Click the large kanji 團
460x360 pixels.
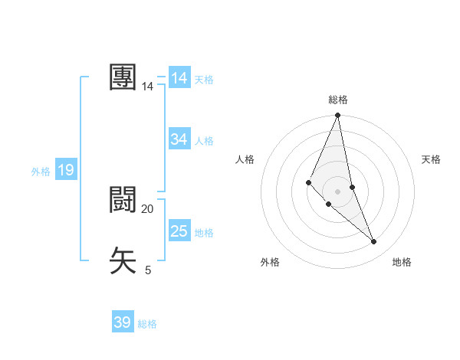[x=123, y=78]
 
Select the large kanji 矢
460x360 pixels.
[x=123, y=260]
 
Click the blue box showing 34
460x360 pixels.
[x=179, y=139]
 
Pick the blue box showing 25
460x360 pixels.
[x=179, y=231]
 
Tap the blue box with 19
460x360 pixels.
[x=65, y=170]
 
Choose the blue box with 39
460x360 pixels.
[x=123, y=322]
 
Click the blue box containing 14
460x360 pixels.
[x=179, y=78]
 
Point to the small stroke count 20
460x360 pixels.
[x=148, y=209]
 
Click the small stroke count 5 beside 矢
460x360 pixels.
[x=148, y=270]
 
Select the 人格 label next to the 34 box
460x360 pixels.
[x=204, y=141]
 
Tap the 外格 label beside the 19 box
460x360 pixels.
[x=41, y=172]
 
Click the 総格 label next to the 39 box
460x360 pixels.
[x=147, y=324]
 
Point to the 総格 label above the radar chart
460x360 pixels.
[x=337, y=100]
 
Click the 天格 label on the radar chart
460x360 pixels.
[x=432, y=159]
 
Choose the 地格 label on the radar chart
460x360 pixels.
[x=402, y=262]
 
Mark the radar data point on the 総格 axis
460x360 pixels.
[x=337, y=116]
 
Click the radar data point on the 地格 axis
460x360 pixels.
[x=374, y=242]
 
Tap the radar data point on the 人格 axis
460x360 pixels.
[x=308, y=182]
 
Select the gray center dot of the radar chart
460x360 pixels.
[x=337, y=191]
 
